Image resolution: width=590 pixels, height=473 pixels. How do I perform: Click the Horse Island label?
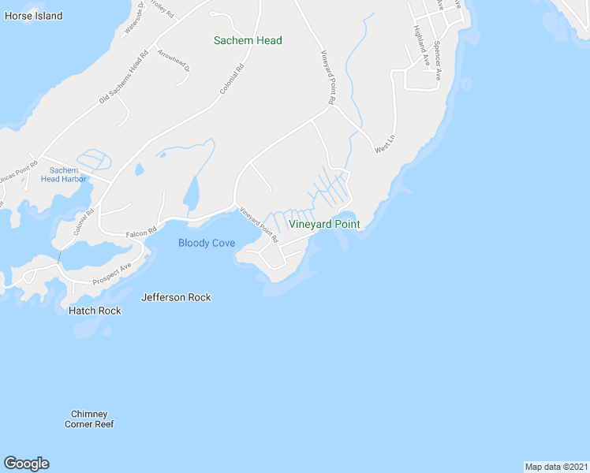click(x=33, y=16)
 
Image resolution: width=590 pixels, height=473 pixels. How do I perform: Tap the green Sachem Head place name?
click(x=248, y=41)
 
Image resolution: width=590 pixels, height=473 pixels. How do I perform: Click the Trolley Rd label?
click(x=162, y=10)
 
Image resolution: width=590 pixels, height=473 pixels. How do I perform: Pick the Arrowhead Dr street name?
click(x=174, y=61)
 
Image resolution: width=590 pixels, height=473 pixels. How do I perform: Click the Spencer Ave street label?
click(x=439, y=61)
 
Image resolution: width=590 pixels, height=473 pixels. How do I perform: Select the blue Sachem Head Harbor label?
click(x=64, y=174)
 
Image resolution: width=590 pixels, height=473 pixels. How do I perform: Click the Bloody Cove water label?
click(x=207, y=243)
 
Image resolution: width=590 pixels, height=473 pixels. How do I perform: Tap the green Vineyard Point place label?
click(x=324, y=225)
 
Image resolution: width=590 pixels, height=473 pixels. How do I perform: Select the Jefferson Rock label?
click(x=176, y=297)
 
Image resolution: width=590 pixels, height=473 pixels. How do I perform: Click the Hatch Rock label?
click(x=95, y=311)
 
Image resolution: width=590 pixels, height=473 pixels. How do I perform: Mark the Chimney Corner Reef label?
click(x=89, y=419)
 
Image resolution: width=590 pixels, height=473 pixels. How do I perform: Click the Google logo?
click(x=26, y=464)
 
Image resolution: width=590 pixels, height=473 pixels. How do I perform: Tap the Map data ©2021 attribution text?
click(x=556, y=466)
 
